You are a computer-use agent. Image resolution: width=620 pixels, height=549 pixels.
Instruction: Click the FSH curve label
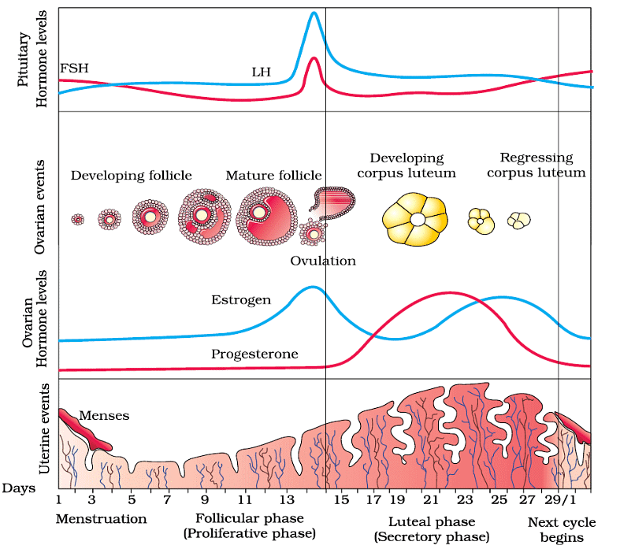pos(74,68)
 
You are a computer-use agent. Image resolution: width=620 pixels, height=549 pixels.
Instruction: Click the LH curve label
pos(261,72)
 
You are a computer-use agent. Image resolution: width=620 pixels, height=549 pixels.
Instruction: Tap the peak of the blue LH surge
pos(314,13)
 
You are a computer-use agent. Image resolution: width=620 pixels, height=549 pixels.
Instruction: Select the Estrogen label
pos(241,300)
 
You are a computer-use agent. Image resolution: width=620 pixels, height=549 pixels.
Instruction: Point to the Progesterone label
pos(254,354)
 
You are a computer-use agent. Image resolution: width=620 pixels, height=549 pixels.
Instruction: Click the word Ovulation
pos(323,261)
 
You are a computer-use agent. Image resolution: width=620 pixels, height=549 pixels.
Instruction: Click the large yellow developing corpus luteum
pos(414,218)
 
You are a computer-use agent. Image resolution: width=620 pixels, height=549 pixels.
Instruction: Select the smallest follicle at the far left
pos(77,220)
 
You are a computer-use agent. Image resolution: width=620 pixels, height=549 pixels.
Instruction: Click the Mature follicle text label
pos(273,175)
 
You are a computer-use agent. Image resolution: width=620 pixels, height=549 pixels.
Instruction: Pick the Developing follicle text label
pos(132,175)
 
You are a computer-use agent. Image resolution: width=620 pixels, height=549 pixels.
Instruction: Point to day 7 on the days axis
pos(168,499)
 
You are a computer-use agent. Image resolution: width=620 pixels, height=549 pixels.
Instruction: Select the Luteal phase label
pos(432,522)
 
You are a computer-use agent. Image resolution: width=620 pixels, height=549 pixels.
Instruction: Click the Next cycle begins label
pos(562,530)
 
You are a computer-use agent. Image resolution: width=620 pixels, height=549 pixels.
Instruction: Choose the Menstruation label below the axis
pos(101,519)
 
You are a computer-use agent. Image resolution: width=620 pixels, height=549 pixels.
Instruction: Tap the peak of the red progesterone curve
pos(449,292)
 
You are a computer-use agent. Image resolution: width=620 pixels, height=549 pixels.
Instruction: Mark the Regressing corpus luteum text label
pos(536,165)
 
